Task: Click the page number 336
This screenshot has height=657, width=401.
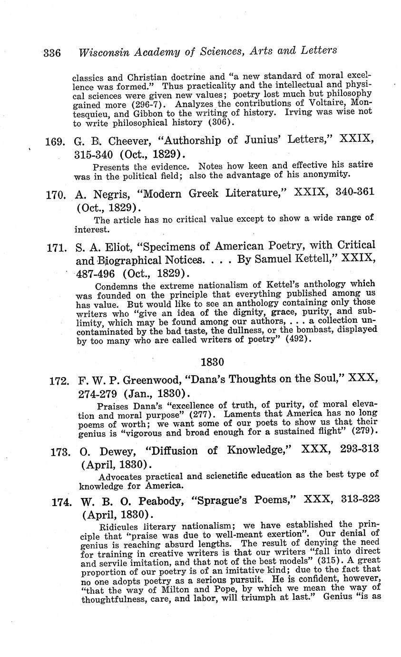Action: point(52,52)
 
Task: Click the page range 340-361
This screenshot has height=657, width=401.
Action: point(351,192)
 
